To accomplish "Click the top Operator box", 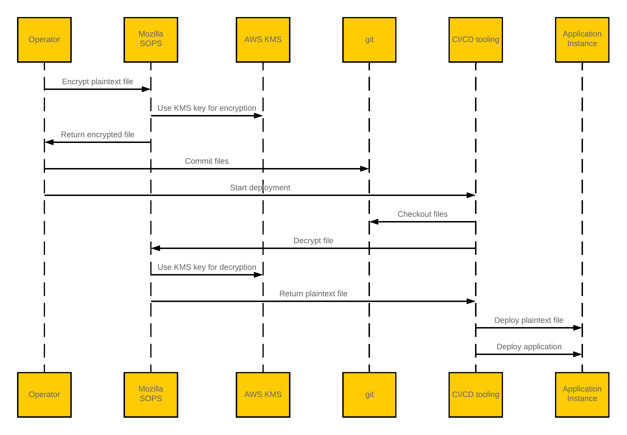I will pos(44,40).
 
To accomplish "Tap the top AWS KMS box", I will pos(263,40).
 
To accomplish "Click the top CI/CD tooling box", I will pos(476,40).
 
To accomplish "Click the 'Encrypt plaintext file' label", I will pos(97,81).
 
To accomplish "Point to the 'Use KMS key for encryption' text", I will pos(207,108).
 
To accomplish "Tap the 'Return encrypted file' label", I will pos(97,134).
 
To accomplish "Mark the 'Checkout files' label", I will pos(422,214).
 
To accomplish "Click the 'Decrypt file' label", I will pos(313,240).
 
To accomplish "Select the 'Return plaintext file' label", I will pos(313,293).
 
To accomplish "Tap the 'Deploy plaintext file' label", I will pos(529,320).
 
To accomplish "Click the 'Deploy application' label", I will pos(529,346).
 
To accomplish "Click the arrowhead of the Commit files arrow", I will pos(365,169).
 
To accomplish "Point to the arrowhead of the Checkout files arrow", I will pos(374,222).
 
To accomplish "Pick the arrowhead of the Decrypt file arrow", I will pos(156,248).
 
